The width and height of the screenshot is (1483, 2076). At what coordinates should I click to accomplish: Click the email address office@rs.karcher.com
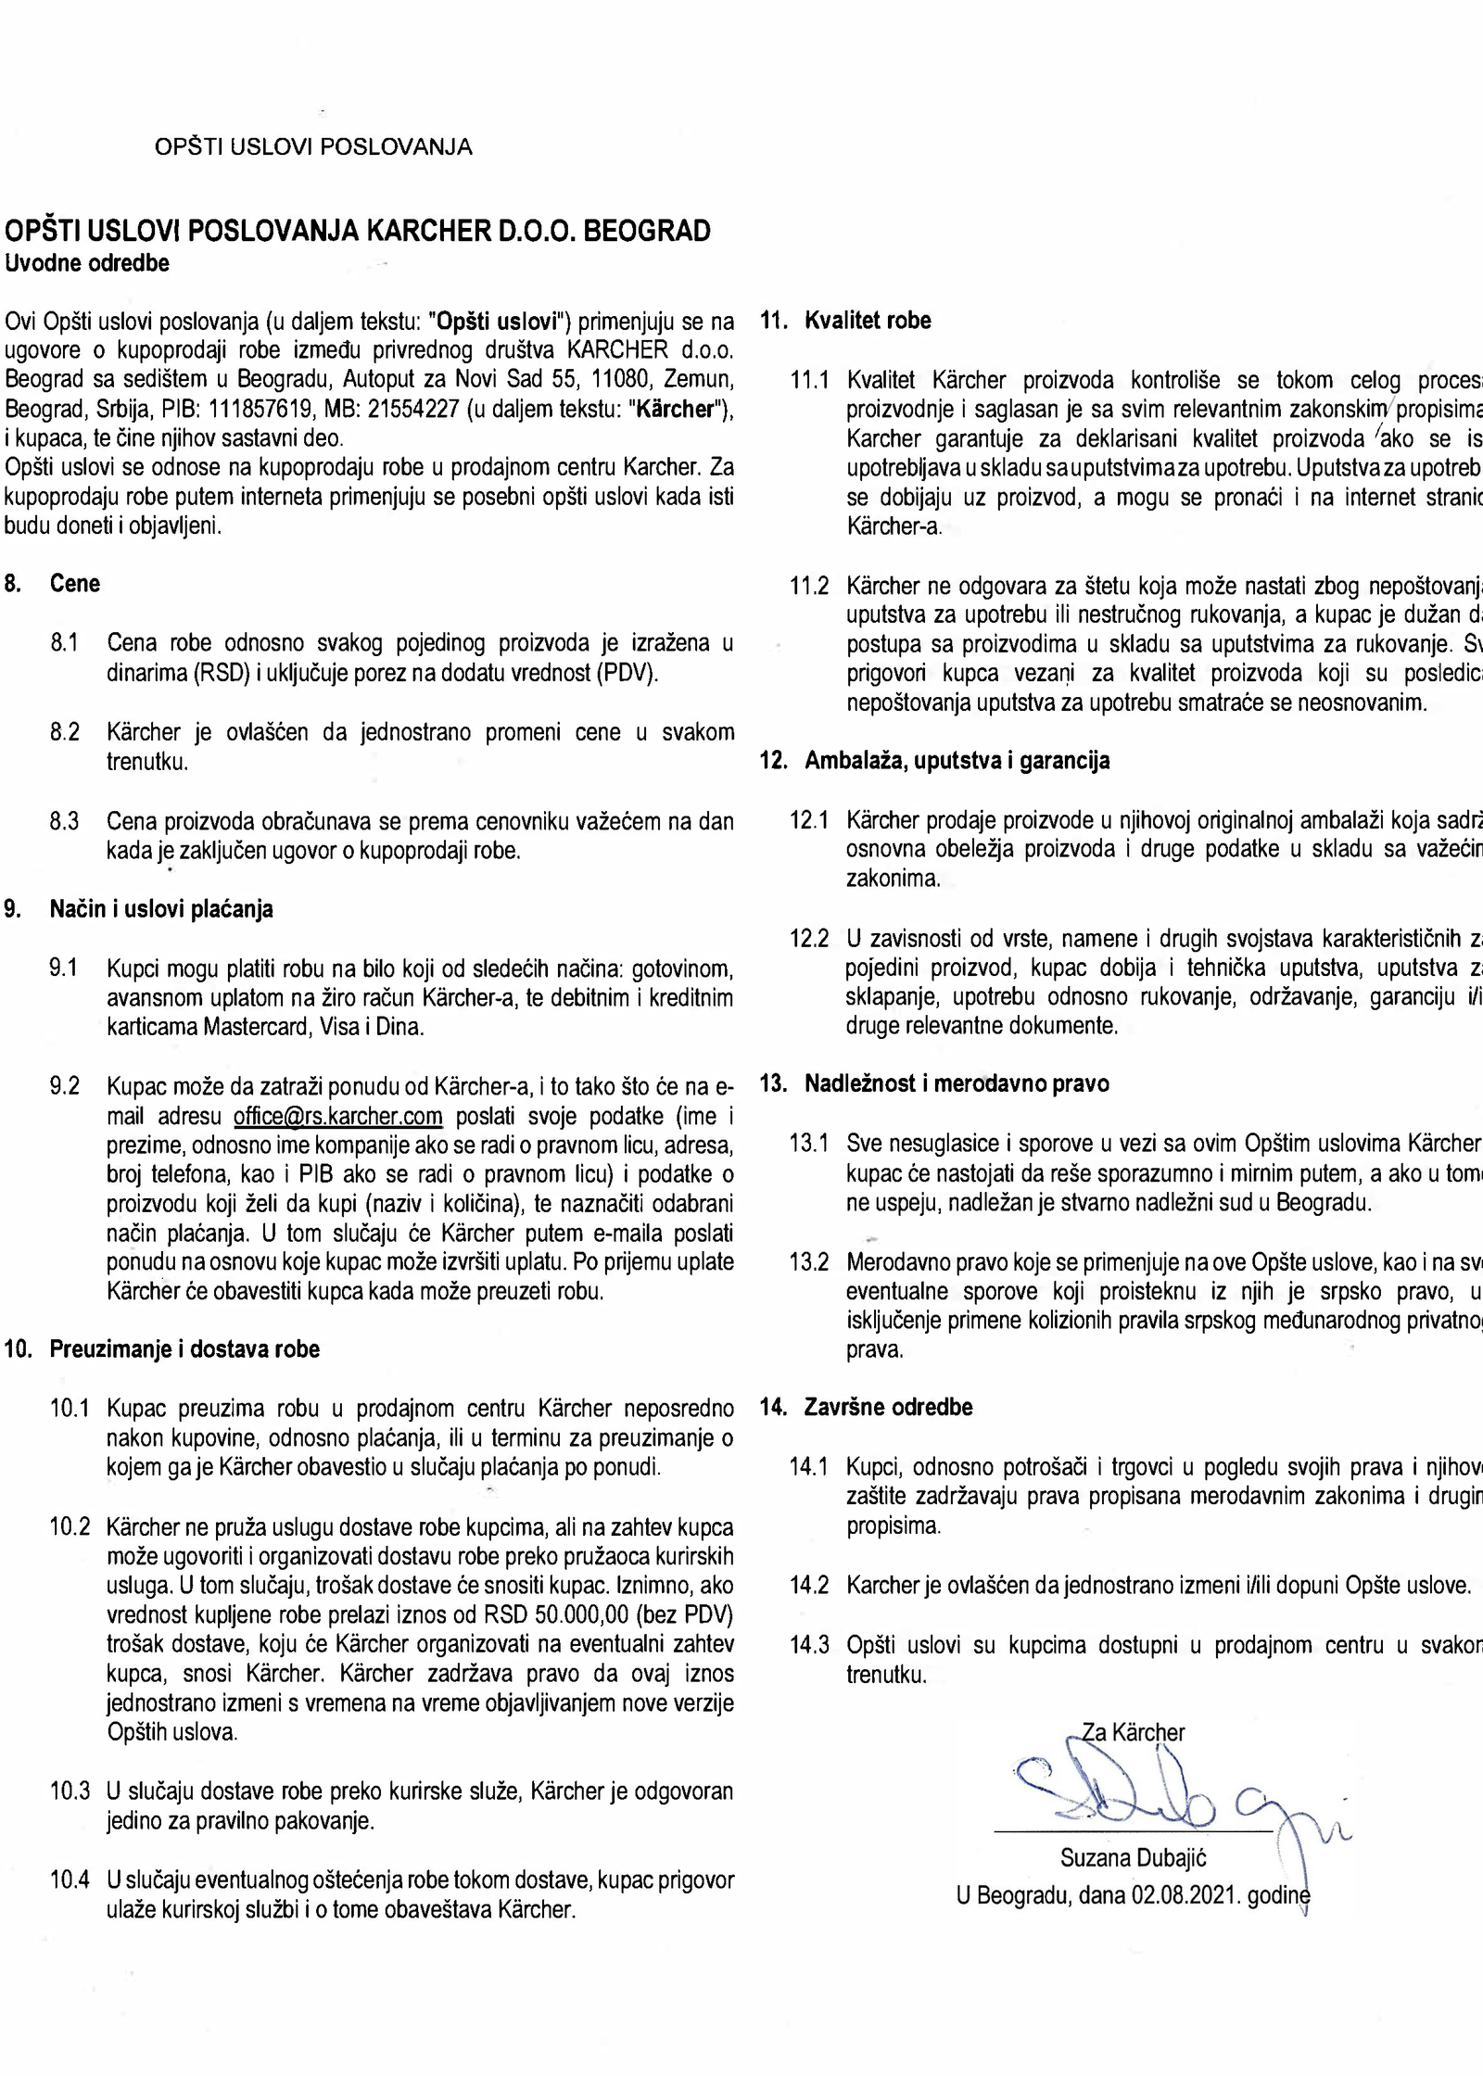337,1115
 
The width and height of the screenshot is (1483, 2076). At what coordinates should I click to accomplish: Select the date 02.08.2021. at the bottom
1185,1895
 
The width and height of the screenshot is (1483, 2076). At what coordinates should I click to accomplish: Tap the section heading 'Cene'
75,584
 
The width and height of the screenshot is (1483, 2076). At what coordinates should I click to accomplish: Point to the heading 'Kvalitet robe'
868,321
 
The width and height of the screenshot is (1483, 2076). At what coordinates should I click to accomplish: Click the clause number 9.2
65,1086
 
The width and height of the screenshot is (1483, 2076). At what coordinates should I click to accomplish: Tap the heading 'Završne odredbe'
888,1407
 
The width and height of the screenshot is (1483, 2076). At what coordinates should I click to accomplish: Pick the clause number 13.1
808,1144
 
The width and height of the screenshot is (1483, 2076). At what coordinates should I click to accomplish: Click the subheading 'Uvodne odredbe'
87,263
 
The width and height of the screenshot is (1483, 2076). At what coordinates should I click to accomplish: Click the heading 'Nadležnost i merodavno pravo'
957,1083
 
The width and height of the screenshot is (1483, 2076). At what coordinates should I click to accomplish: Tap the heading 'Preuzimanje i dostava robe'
184,1349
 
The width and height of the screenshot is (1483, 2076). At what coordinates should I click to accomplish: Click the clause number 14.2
808,1585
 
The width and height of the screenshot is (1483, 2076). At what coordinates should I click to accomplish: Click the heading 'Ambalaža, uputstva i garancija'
957,761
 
